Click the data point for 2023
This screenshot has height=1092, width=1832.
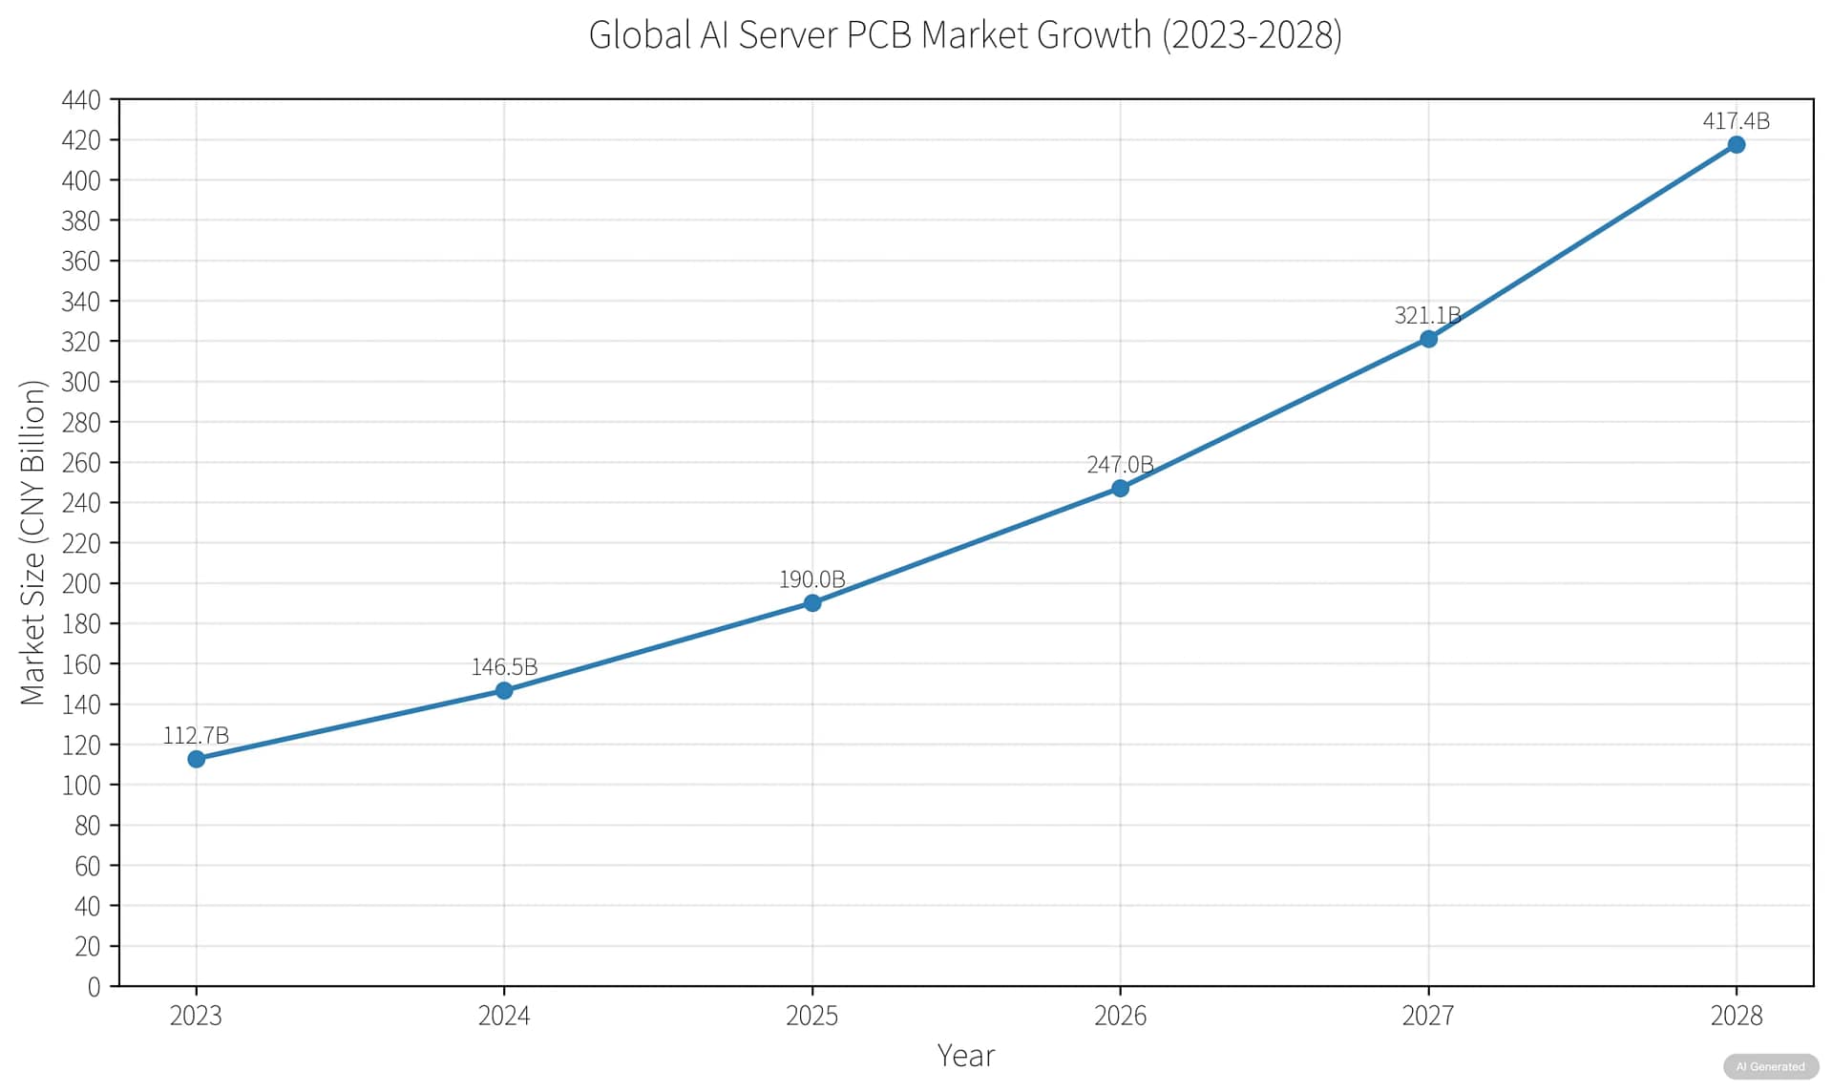[196, 759]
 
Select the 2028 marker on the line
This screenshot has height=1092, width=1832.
[1736, 145]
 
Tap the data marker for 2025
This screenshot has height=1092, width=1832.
[811, 603]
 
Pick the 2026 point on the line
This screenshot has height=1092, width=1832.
[1120, 488]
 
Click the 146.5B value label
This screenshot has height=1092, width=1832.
[504, 666]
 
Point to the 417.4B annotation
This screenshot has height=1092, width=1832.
[1736, 121]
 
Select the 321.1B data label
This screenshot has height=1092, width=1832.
[1427, 315]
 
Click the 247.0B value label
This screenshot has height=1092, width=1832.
[1120, 465]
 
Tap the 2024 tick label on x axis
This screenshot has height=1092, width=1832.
[504, 1016]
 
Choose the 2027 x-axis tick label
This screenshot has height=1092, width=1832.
[1427, 1016]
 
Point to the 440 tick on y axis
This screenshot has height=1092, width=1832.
[81, 100]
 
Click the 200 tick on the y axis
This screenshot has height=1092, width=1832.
[81, 583]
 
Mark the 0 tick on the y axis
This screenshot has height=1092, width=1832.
[94, 987]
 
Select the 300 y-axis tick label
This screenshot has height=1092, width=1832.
[81, 382]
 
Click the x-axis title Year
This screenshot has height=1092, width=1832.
[965, 1056]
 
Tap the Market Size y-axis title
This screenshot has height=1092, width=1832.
[32, 542]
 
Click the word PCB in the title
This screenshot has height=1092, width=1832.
[879, 35]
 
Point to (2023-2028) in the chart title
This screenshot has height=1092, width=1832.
[1252, 35]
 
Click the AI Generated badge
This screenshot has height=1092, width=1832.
[1770, 1066]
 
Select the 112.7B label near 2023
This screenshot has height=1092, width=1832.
[196, 735]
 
